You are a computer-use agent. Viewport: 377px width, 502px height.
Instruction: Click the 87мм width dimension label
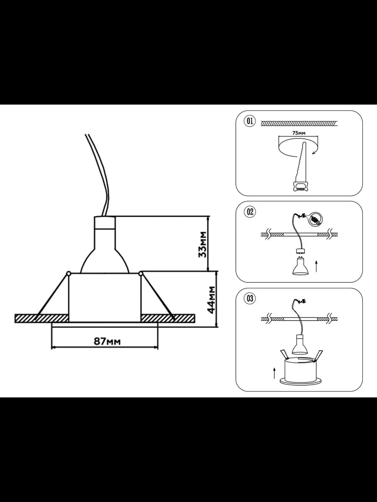pyautogui.click(x=107, y=341)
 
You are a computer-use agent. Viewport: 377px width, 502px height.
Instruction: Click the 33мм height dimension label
pyautogui.click(x=203, y=244)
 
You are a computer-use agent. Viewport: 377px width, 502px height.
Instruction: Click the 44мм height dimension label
pyautogui.click(x=211, y=300)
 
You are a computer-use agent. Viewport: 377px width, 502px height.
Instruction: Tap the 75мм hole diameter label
pyautogui.click(x=299, y=133)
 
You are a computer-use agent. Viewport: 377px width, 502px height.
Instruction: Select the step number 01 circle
pyautogui.click(x=250, y=121)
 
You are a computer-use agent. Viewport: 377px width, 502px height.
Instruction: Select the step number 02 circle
pyautogui.click(x=250, y=212)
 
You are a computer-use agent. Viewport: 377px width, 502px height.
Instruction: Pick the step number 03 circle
pyautogui.click(x=250, y=298)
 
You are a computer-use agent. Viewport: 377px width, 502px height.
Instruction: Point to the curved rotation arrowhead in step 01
pyautogui.click(x=314, y=153)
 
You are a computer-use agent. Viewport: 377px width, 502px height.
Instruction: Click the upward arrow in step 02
pyautogui.click(x=316, y=266)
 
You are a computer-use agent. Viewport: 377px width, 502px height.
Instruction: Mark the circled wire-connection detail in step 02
pyautogui.click(x=315, y=219)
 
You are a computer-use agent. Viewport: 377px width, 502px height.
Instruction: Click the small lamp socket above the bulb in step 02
pyautogui.click(x=300, y=251)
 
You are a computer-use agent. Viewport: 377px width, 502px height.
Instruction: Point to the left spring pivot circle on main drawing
pyautogui.click(x=68, y=273)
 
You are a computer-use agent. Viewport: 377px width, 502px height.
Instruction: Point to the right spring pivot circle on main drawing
pyautogui.click(x=141, y=273)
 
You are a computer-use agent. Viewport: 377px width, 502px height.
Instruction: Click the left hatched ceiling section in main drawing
pyautogui.click(x=41, y=319)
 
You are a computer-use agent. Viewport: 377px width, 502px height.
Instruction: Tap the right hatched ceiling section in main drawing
pyautogui.click(x=168, y=319)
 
